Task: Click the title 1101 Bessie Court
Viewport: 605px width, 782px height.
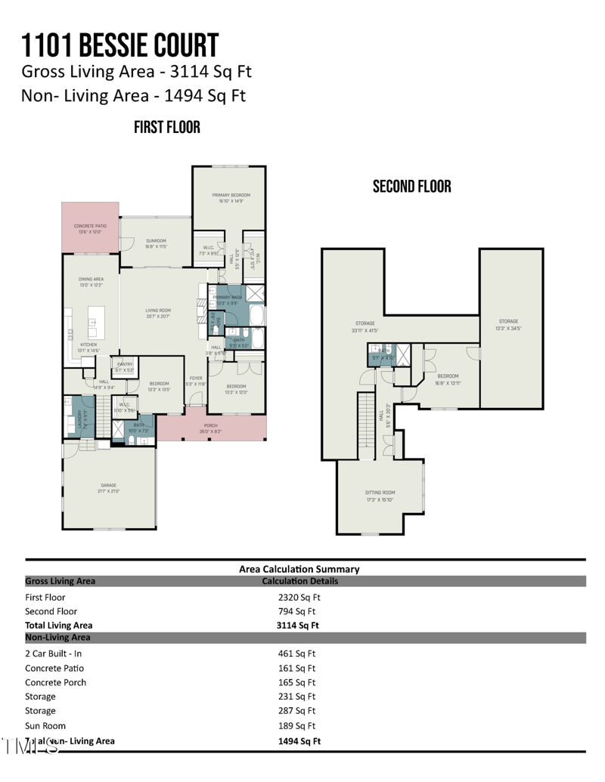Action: (120, 46)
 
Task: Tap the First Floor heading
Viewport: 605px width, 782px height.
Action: (167, 127)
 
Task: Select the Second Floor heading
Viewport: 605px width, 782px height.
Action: (411, 187)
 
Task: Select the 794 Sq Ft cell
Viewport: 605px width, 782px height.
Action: (297, 611)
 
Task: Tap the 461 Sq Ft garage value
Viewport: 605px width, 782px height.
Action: (297, 654)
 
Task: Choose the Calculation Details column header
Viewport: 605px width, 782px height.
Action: (299, 581)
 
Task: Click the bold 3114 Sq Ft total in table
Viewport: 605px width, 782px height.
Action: (298, 626)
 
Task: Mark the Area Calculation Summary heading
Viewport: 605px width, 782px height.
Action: (299, 569)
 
